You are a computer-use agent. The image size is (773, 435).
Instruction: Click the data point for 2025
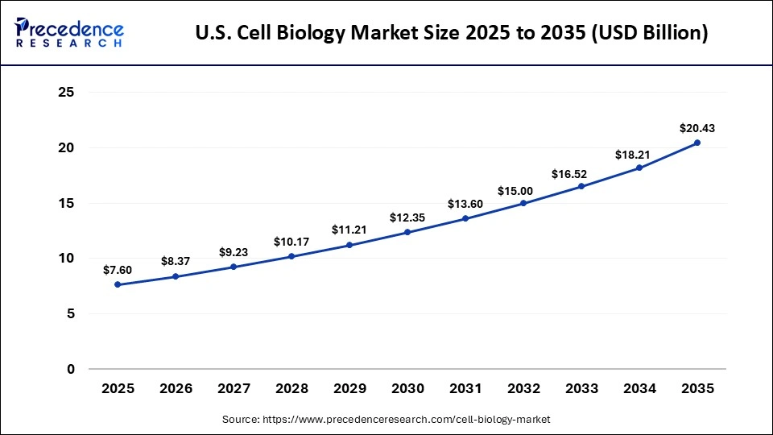point(118,284)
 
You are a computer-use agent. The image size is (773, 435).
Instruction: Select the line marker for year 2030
point(407,232)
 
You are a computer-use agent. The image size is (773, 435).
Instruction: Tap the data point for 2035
point(697,143)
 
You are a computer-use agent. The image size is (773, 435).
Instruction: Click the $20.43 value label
point(697,128)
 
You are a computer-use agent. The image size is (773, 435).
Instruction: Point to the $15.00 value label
point(523,191)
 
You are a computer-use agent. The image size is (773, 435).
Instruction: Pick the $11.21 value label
point(349,230)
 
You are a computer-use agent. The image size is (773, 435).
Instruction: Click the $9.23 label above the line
point(234,252)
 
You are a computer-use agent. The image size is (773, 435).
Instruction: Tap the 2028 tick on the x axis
point(291,389)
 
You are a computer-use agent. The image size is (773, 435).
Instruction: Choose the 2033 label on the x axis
point(581,389)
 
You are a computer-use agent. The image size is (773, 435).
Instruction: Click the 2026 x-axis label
point(176,389)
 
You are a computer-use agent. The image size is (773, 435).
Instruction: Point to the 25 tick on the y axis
point(67,93)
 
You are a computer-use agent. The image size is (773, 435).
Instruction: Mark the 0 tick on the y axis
point(71,369)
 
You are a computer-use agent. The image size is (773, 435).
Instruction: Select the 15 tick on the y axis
point(67,203)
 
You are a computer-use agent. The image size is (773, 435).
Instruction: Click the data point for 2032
point(523,203)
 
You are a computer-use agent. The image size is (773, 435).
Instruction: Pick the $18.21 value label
point(639,153)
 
